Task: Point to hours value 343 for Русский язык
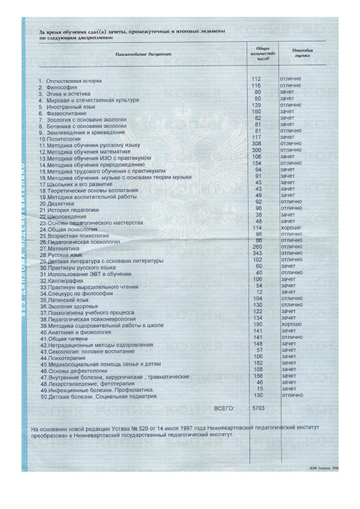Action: coord(258,253)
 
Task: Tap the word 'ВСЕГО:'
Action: coord(224,408)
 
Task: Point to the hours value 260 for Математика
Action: coord(258,247)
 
